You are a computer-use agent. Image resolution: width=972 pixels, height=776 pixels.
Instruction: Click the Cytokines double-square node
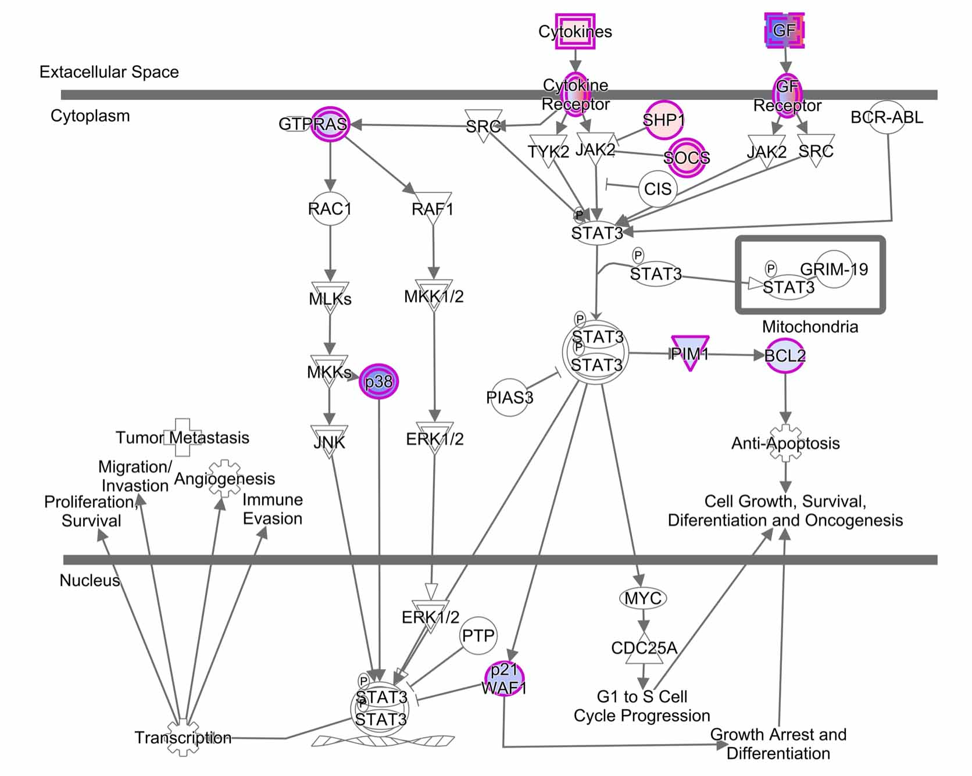(x=575, y=31)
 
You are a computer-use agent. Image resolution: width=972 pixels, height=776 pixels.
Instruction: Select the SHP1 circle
(x=663, y=120)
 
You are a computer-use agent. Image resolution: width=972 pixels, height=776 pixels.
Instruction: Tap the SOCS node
(x=687, y=157)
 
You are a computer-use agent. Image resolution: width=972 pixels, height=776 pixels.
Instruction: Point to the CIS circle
(x=657, y=188)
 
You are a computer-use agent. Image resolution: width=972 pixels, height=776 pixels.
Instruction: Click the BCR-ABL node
(x=887, y=117)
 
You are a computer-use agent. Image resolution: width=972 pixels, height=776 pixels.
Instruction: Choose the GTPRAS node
(x=330, y=123)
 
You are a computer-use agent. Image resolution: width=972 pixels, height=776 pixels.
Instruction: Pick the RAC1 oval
(x=330, y=208)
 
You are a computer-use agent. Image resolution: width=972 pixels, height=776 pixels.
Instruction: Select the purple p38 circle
(x=379, y=381)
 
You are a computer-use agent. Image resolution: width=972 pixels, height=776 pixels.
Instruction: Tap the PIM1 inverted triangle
(x=690, y=352)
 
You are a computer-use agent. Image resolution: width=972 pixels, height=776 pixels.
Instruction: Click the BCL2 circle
(x=785, y=355)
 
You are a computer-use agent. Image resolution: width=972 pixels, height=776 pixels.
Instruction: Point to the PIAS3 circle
(x=510, y=397)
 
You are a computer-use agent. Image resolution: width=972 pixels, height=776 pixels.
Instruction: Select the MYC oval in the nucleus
(x=642, y=598)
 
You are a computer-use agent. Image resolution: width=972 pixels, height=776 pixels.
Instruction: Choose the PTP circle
(x=478, y=635)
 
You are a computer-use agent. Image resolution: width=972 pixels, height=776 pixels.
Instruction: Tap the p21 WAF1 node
(x=504, y=679)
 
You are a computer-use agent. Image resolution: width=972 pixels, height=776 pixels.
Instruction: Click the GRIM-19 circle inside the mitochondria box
(x=834, y=269)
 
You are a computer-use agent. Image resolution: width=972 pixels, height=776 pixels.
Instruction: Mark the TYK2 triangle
(x=548, y=150)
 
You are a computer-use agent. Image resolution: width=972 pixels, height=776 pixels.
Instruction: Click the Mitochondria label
(x=810, y=327)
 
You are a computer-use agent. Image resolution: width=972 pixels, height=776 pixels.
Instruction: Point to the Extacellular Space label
(x=109, y=72)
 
